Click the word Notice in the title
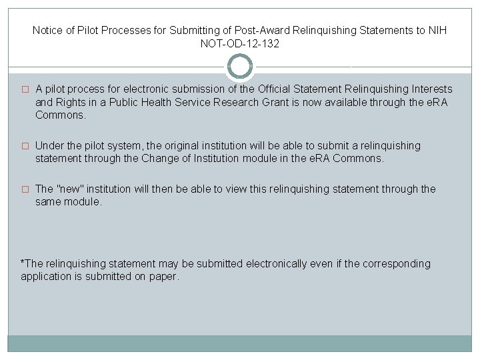tap(47, 31)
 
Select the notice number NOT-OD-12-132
tap(239, 44)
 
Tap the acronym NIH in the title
tap(437, 31)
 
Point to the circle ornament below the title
tap(240, 67)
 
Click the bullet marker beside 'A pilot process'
tap(25, 89)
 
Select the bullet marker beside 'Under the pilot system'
tap(25, 146)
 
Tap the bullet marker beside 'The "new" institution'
tap(25, 189)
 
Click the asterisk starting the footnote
tap(23, 263)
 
